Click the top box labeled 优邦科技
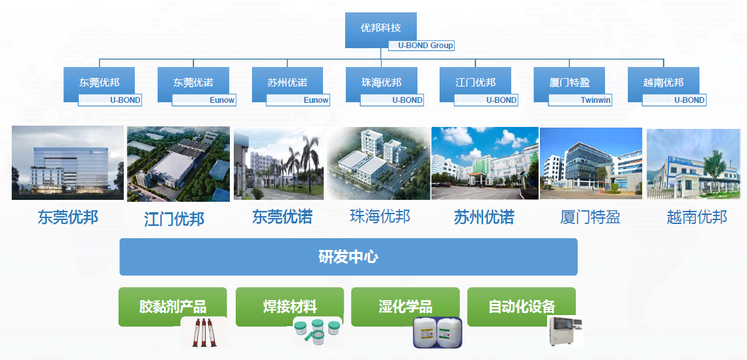pyautogui.click(x=380, y=28)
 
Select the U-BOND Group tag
pyautogui.click(x=421, y=46)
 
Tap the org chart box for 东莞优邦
pyautogui.click(x=99, y=83)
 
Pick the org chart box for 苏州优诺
pyautogui.click(x=287, y=83)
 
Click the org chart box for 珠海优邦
pyautogui.click(x=381, y=83)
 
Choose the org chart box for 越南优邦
pyautogui.click(x=663, y=83)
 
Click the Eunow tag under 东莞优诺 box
pyautogui.click(x=204, y=100)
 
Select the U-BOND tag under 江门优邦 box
pyautogui.click(x=486, y=100)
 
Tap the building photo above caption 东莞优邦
pyautogui.click(x=68, y=163)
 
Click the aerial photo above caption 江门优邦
pyautogui.click(x=178, y=164)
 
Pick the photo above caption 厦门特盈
pyautogui.click(x=591, y=163)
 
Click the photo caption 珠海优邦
pyautogui.click(x=380, y=216)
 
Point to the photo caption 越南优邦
pyautogui.click(x=697, y=217)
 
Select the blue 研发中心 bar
pyautogui.click(x=348, y=256)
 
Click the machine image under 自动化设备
pyautogui.click(x=564, y=331)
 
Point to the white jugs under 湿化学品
pyautogui.click(x=437, y=333)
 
